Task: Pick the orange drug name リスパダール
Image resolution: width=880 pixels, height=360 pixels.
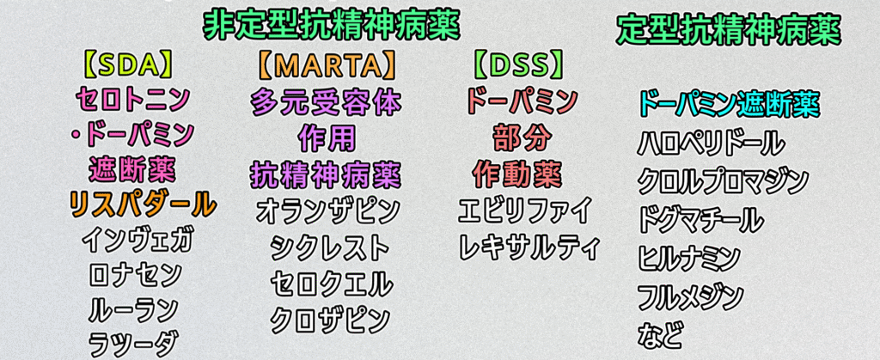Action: (142, 204)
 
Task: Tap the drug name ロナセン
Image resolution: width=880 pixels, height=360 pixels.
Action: (135, 275)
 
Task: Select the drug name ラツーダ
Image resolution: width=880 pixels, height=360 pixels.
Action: (134, 343)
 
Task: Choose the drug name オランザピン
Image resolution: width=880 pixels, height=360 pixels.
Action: (327, 211)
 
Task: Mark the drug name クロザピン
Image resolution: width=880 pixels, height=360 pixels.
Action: (330, 319)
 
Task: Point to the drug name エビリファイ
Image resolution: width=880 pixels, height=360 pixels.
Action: (525, 211)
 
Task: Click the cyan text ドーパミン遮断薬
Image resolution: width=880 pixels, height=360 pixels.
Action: (730, 104)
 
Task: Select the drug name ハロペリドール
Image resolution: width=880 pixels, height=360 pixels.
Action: (711, 143)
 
